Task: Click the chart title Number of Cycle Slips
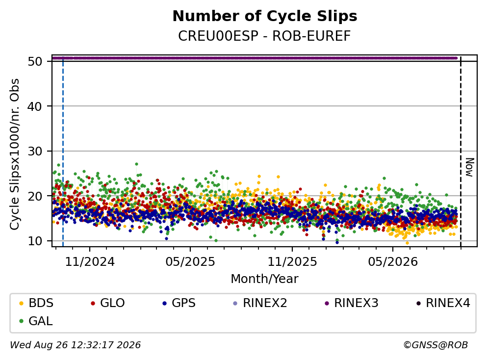265,16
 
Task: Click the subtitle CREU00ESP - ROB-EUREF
265,36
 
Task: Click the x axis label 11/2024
90,262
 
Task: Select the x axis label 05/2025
190,262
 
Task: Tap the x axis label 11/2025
292,262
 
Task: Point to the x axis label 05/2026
393,262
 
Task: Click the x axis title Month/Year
265,279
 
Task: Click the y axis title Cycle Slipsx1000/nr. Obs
14,154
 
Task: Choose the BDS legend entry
36,303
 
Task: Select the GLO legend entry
107,303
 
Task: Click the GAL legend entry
36,321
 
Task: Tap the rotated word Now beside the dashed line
470,167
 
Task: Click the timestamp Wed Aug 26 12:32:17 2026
76,345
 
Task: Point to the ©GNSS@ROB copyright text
436,345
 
